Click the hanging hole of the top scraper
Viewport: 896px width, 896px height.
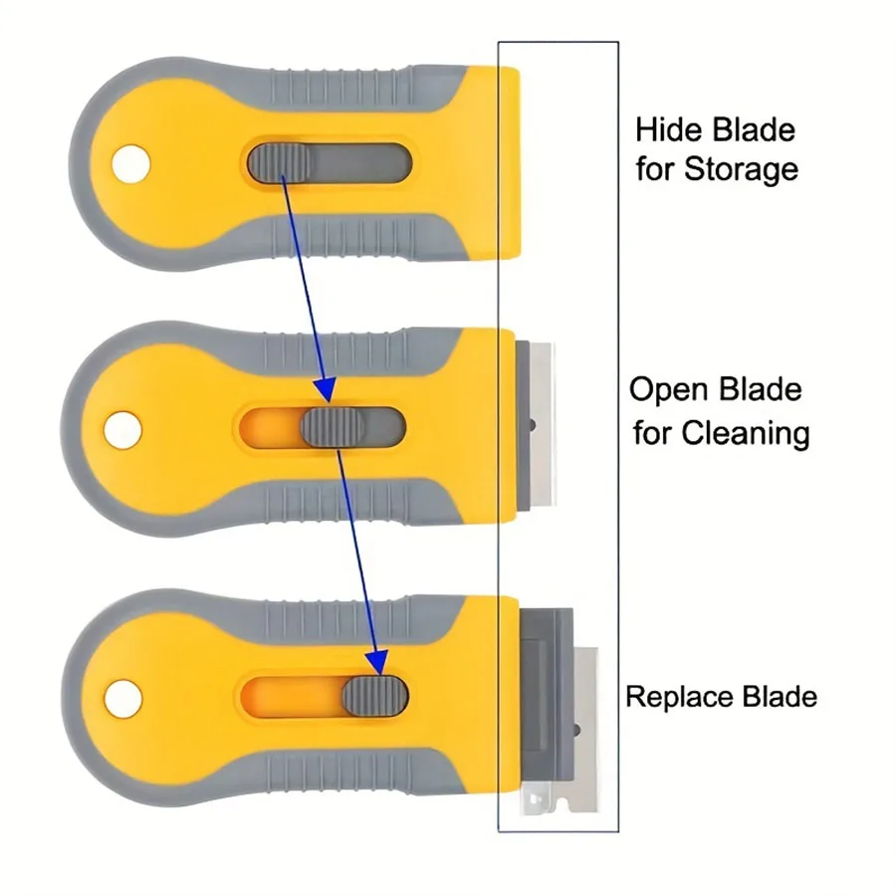point(128,165)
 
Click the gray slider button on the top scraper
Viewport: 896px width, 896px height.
point(280,163)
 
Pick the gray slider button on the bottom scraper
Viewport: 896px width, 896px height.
point(374,695)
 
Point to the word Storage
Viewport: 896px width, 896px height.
point(741,168)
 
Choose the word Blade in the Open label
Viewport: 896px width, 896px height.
point(765,389)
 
